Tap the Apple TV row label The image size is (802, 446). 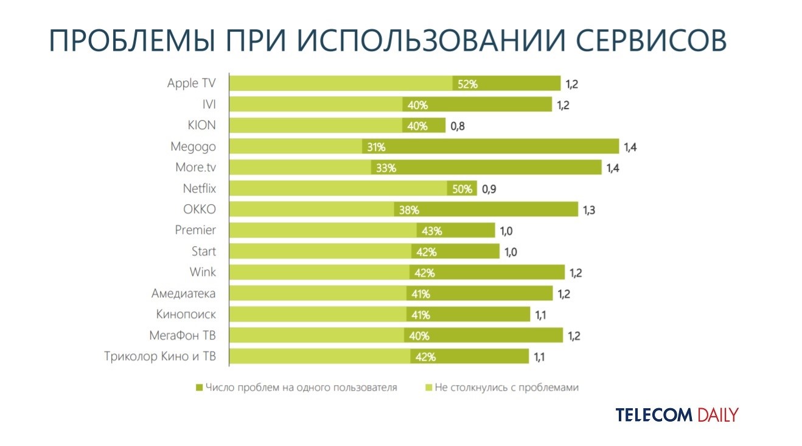191,83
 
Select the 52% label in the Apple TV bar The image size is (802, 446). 468,84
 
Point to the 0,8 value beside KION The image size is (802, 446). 458,126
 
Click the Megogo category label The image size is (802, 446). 194,147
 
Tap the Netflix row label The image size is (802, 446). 199,188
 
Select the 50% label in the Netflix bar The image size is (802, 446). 462,189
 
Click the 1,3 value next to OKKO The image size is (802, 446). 589,210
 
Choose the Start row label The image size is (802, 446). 203,251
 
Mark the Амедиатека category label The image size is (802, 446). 183,294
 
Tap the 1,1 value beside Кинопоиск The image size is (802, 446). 540,315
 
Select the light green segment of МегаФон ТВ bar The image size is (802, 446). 316,336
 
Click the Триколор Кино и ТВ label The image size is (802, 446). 160,356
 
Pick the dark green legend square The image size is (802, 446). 199,388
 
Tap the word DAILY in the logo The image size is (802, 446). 717,416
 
